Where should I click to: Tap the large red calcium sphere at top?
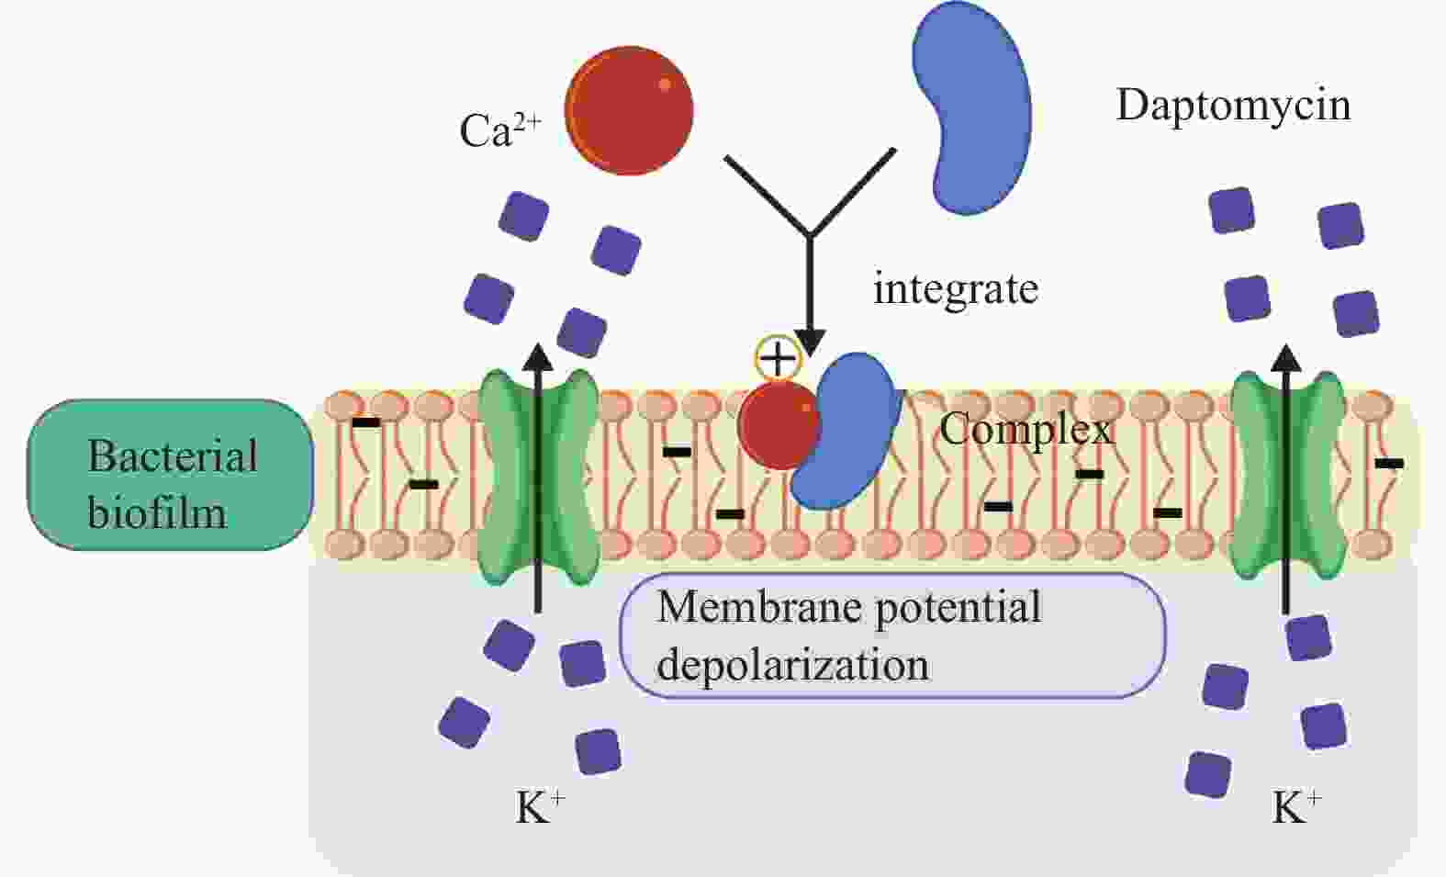pyautogui.click(x=628, y=110)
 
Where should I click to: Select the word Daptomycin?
pyautogui.click(x=1232, y=105)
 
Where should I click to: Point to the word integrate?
pyautogui.click(x=955, y=289)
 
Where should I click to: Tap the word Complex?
pyautogui.click(x=1026, y=429)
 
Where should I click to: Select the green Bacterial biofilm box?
pyautogui.click(x=170, y=475)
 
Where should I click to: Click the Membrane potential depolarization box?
pyautogui.click(x=892, y=635)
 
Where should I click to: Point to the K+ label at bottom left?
pyautogui.click(x=540, y=808)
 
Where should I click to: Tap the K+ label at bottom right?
pyautogui.click(x=1295, y=808)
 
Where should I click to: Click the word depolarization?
pyautogui.click(x=792, y=664)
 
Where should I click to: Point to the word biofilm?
pyautogui.click(x=157, y=512)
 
